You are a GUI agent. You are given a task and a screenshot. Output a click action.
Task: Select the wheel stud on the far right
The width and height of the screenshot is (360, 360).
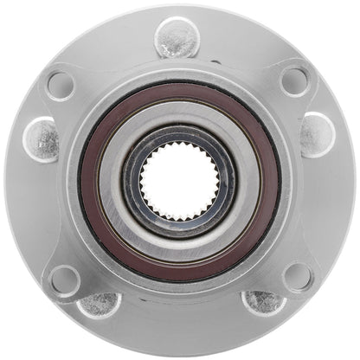pos(317,134)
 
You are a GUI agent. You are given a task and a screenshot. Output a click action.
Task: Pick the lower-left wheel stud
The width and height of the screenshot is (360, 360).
pos(98,305)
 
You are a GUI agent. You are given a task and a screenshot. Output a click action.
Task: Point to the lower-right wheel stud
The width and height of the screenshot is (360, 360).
pos(263,303)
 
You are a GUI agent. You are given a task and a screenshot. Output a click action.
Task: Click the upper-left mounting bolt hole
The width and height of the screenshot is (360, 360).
pos(61,84)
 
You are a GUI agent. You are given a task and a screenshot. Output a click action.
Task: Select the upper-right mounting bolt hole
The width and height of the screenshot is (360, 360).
pos(294,81)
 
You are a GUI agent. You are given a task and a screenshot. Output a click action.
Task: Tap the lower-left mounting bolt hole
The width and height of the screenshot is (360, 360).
pos(63,279)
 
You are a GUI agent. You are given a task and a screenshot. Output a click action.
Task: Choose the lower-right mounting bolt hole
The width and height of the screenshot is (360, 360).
pos(297,277)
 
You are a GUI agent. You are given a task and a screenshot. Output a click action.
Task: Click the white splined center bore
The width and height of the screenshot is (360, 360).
pos(179,180)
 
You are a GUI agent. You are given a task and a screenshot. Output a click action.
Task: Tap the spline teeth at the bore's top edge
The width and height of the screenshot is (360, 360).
pos(179,147)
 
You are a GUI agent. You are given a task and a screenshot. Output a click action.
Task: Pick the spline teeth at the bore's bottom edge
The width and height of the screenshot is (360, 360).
pos(179,214)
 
